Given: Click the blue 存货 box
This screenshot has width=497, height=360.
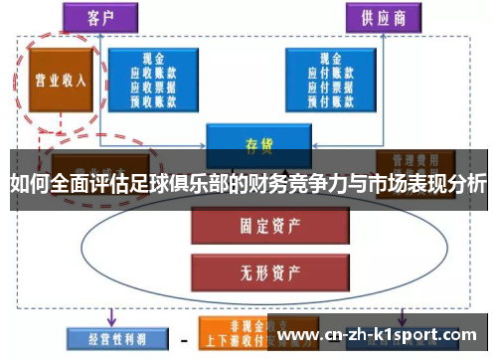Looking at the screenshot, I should (258, 142).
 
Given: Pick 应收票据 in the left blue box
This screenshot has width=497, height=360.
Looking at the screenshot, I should (154, 86).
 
